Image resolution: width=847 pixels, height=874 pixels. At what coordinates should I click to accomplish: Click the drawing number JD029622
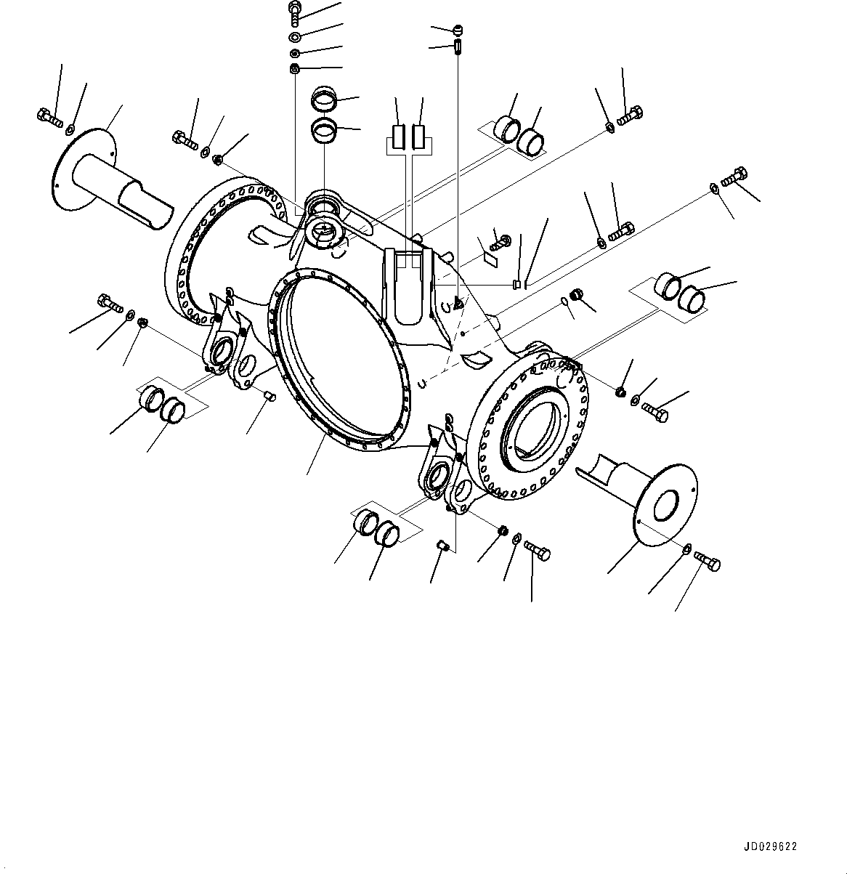tap(769, 847)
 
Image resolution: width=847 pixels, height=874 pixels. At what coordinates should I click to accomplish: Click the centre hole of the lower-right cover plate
tap(665, 504)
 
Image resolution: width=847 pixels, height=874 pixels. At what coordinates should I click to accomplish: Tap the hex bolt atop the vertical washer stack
tap(295, 12)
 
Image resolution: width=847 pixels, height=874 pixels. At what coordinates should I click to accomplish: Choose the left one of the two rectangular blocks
tap(397, 136)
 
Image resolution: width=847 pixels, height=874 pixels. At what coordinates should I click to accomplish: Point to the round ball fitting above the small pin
tap(457, 30)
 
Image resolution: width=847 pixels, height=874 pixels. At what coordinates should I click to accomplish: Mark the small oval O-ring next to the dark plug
tap(564, 302)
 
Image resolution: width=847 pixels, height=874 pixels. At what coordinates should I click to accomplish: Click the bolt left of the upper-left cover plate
tap(49, 117)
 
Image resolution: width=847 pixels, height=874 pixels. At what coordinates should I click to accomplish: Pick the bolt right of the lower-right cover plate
tap(708, 560)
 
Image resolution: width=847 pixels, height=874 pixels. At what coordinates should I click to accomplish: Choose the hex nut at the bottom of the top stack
tap(294, 70)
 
